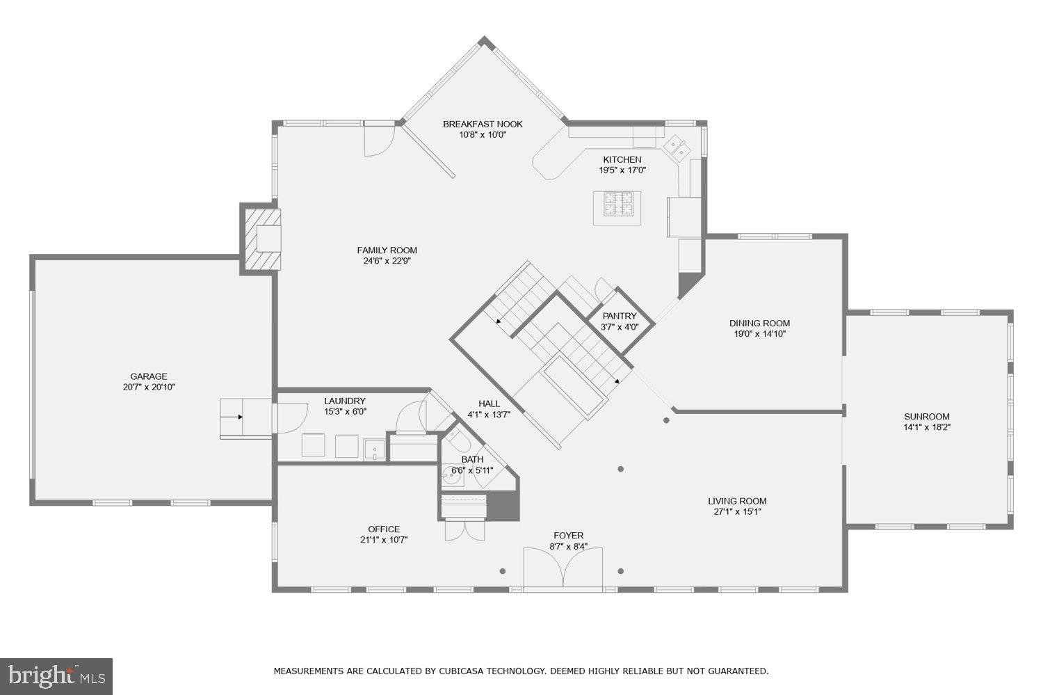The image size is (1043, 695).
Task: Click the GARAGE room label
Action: coord(149,376)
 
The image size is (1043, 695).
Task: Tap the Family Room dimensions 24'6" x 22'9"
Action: coord(387,262)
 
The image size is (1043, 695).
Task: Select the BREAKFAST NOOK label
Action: coord(483,124)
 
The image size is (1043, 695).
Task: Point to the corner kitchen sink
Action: coord(676,147)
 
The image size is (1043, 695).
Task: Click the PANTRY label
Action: coord(619,316)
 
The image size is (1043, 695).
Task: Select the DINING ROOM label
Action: coord(759,323)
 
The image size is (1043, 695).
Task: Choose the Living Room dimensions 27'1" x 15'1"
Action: coord(737,512)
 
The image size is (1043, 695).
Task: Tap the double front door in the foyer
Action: coord(563,569)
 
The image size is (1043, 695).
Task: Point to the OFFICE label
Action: coord(384,529)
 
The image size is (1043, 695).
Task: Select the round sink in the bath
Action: coord(453,477)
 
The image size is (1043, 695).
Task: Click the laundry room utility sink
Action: coord(374,450)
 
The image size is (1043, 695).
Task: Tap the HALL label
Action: coord(489,404)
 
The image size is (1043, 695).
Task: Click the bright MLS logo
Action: coord(56,676)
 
